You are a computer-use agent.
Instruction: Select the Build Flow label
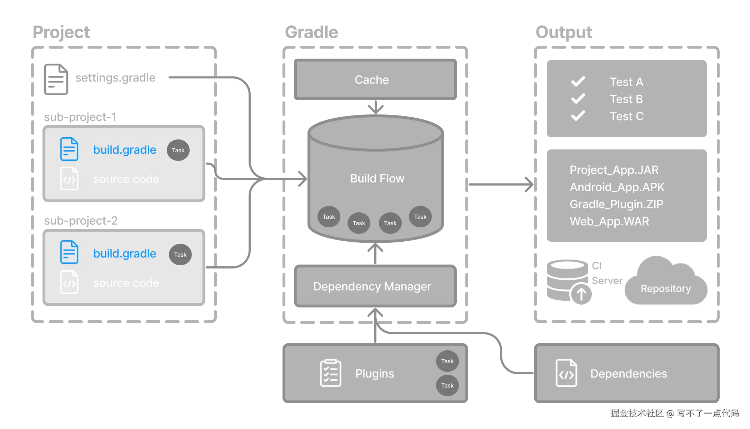pos(377,178)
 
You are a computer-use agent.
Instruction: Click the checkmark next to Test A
pos(578,82)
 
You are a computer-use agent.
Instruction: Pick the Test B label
pos(626,99)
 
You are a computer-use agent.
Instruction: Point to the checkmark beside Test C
pos(578,116)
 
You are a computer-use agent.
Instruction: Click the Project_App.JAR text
pos(614,170)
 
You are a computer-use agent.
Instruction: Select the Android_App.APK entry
pos(617,187)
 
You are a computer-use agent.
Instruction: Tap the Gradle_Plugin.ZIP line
pos(616,204)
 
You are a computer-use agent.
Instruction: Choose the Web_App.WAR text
pos(609,221)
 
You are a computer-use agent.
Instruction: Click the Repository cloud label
pos(665,288)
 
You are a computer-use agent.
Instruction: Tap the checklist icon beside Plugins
pos(330,373)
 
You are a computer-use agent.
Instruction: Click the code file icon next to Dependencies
pos(566,373)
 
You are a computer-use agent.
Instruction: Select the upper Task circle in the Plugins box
pos(447,361)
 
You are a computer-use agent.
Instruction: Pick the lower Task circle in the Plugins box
pos(447,385)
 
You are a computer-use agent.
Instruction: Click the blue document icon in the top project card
pos(69,149)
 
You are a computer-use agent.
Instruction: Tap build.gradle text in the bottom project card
pos(125,253)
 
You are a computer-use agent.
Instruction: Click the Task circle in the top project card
pos(178,150)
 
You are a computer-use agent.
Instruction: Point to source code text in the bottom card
pos(126,283)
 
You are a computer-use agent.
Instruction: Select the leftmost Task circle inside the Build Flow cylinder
pos(329,217)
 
